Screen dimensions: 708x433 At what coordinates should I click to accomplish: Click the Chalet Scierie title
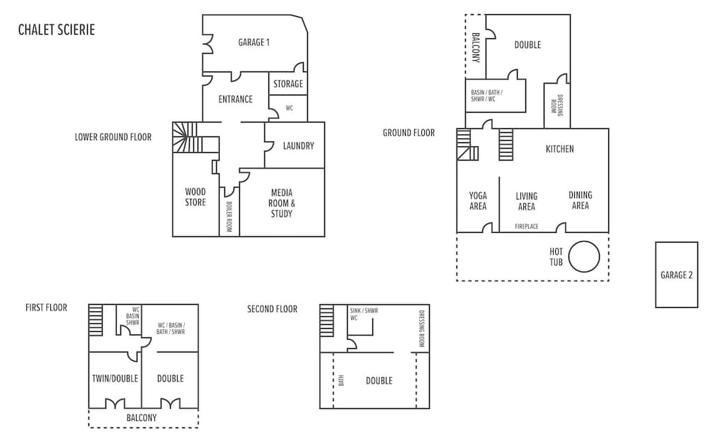[57, 30]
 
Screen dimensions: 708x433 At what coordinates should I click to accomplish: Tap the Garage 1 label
[253, 42]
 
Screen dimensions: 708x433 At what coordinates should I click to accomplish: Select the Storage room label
[288, 84]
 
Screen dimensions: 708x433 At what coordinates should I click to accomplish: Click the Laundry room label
[299, 146]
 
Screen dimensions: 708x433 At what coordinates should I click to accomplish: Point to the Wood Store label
[195, 197]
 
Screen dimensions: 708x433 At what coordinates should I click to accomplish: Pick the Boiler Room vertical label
[229, 216]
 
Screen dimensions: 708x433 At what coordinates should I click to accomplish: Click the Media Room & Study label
[282, 203]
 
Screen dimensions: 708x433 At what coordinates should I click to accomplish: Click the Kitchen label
[560, 149]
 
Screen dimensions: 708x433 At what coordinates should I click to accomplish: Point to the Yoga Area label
[478, 201]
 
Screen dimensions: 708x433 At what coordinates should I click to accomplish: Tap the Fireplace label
[527, 226]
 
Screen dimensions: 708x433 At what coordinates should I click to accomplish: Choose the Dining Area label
[581, 200]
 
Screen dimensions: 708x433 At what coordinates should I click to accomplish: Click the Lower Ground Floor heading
[113, 137]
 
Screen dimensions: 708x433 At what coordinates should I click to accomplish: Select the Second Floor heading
[273, 309]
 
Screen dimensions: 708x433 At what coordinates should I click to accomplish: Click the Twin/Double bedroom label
[115, 379]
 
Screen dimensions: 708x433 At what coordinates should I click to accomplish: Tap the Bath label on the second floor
[341, 380]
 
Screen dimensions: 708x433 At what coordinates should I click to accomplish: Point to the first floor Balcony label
[142, 417]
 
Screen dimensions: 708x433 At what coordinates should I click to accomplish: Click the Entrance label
[235, 99]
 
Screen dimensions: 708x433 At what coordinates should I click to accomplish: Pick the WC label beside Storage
[290, 108]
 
